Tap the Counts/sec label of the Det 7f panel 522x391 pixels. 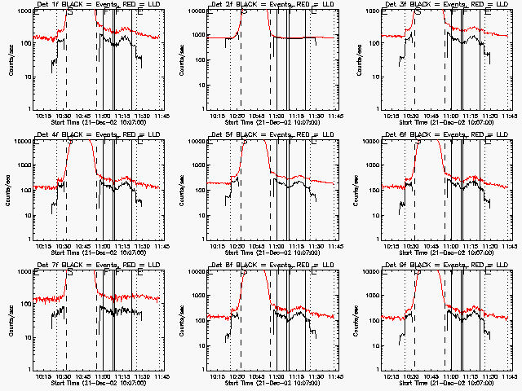[x=7, y=319]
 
